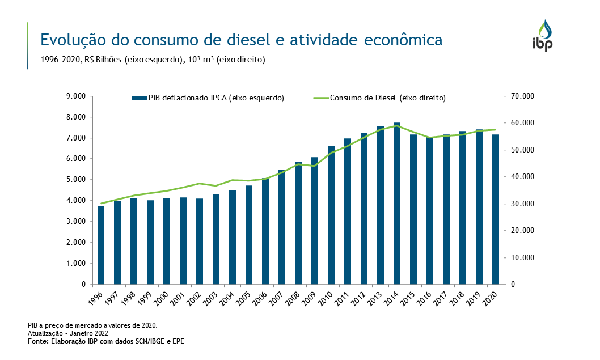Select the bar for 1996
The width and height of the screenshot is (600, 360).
click(x=101, y=245)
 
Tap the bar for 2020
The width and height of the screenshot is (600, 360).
click(x=496, y=209)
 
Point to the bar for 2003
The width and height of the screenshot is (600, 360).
click(x=216, y=239)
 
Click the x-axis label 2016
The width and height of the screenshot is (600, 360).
click(x=427, y=297)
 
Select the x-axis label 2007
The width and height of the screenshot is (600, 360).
click(x=279, y=297)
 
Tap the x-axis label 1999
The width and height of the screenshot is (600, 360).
click(x=147, y=297)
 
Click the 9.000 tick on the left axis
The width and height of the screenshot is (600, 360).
click(x=75, y=96)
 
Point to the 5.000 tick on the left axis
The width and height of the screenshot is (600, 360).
click(x=75, y=180)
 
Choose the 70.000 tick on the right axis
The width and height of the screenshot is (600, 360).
click(x=522, y=96)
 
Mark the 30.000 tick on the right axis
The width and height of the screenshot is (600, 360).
click(x=522, y=204)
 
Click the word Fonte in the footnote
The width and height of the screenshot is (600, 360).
click(x=38, y=341)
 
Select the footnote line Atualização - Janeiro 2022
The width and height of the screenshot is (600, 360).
click(x=68, y=333)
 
